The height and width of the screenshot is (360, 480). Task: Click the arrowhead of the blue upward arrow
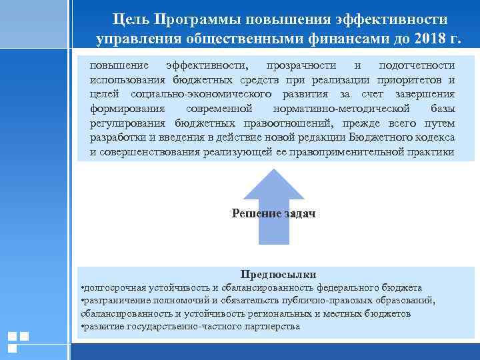coord(273,184)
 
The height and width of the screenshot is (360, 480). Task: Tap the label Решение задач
coord(273,214)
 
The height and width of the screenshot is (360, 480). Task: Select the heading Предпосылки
coord(278,274)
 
